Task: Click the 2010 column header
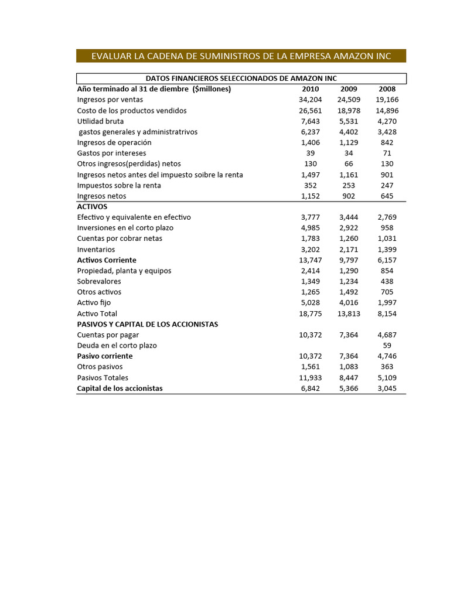[x=311, y=89]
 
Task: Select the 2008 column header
[x=387, y=89]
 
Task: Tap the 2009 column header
[x=349, y=89]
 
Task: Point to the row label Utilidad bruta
[x=101, y=121]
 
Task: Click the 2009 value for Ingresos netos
[x=349, y=196]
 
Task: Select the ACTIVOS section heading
[x=93, y=207]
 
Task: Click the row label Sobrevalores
[x=100, y=281]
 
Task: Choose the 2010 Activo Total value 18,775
[x=311, y=313]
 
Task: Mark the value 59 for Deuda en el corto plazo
[x=387, y=346]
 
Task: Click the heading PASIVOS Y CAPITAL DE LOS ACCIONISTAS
[x=148, y=324]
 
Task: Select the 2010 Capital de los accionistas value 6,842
[x=311, y=388]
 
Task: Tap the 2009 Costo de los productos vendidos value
[x=349, y=111]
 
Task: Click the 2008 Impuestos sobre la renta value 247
[x=387, y=185]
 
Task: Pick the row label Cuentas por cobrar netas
[x=120, y=238]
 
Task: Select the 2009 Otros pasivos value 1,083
[x=349, y=367]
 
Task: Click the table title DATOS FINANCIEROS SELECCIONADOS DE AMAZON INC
[x=241, y=79]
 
